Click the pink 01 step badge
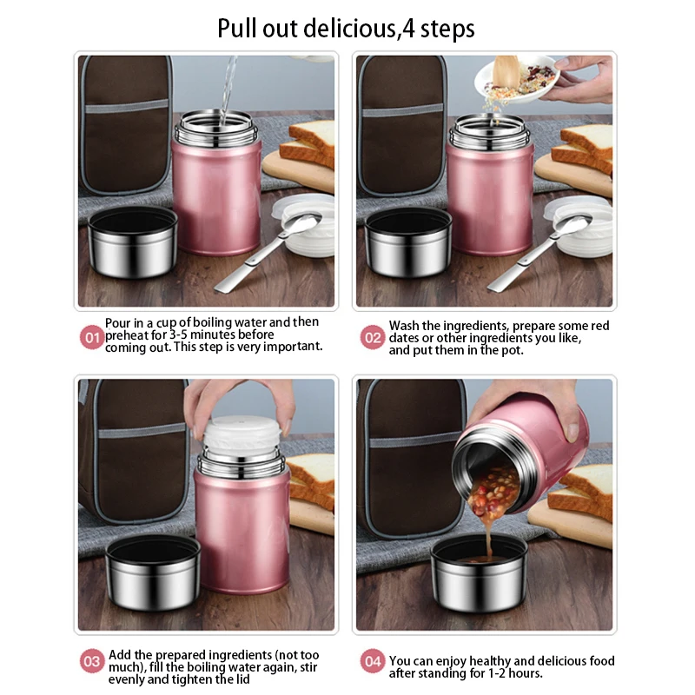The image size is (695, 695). click(x=92, y=338)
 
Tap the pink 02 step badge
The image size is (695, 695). click(x=373, y=338)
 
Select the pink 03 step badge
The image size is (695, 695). click(x=92, y=661)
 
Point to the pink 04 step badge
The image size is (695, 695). click(x=373, y=661)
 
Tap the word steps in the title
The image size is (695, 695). click(x=447, y=30)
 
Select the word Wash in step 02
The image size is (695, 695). click(x=404, y=325)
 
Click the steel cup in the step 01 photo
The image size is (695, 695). click(x=133, y=242)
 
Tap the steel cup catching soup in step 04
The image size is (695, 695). click(x=480, y=574)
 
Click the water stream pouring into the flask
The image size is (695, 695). click(x=228, y=89)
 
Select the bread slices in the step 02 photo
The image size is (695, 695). click(x=582, y=149)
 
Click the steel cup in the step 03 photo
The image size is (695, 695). click(x=153, y=573)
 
